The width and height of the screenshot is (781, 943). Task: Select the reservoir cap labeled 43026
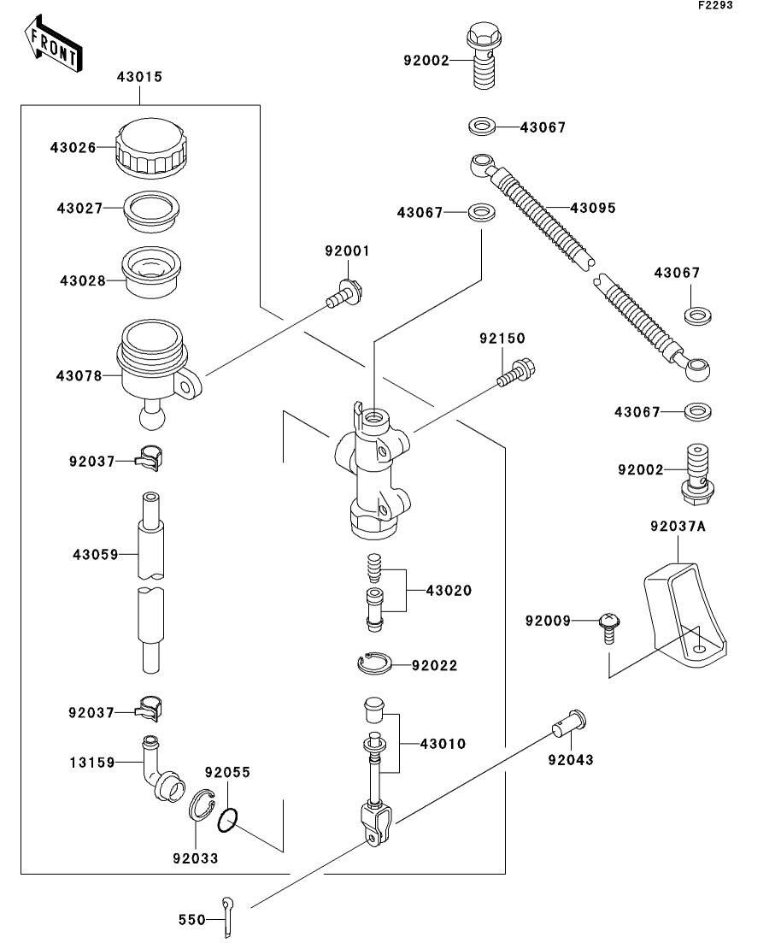pyautogui.click(x=151, y=147)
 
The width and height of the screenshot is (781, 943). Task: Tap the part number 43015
pyautogui.click(x=139, y=77)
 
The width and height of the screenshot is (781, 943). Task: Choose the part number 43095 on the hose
pyautogui.click(x=593, y=208)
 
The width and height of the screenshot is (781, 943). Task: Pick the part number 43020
pyautogui.click(x=449, y=591)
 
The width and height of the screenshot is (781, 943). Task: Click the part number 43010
pyautogui.click(x=443, y=744)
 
